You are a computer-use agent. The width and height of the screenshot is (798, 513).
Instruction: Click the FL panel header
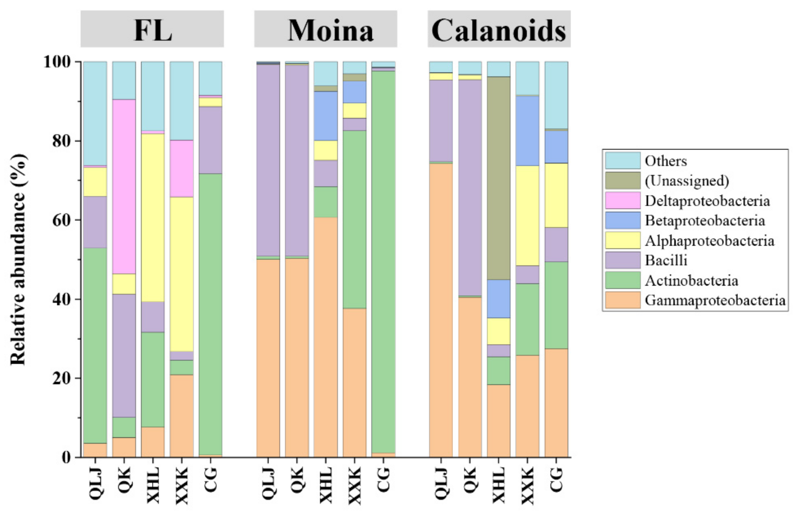(x=152, y=29)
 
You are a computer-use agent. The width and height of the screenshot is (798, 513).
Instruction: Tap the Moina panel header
(x=326, y=29)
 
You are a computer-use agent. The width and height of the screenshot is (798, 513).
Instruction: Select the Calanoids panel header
(x=499, y=29)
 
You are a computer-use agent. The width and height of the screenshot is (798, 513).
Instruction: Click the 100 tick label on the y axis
(x=57, y=62)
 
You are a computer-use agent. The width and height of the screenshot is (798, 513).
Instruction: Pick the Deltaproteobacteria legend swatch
(x=623, y=201)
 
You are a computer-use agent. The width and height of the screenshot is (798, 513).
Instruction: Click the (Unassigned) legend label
(x=687, y=181)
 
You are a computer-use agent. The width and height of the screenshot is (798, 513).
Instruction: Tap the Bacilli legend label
(x=666, y=260)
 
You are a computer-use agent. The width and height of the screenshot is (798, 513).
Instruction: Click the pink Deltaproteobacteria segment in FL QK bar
(x=124, y=186)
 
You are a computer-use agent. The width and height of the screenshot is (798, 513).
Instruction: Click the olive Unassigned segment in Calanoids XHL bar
(x=498, y=178)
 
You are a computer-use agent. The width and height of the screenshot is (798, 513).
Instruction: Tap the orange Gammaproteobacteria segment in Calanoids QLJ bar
(x=441, y=310)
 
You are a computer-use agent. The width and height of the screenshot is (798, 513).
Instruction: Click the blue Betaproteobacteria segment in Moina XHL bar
(x=326, y=116)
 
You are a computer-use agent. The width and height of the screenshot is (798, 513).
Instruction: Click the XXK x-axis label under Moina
(x=355, y=485)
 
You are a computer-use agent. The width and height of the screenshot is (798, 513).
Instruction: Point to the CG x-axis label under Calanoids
(x=556, y=480)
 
